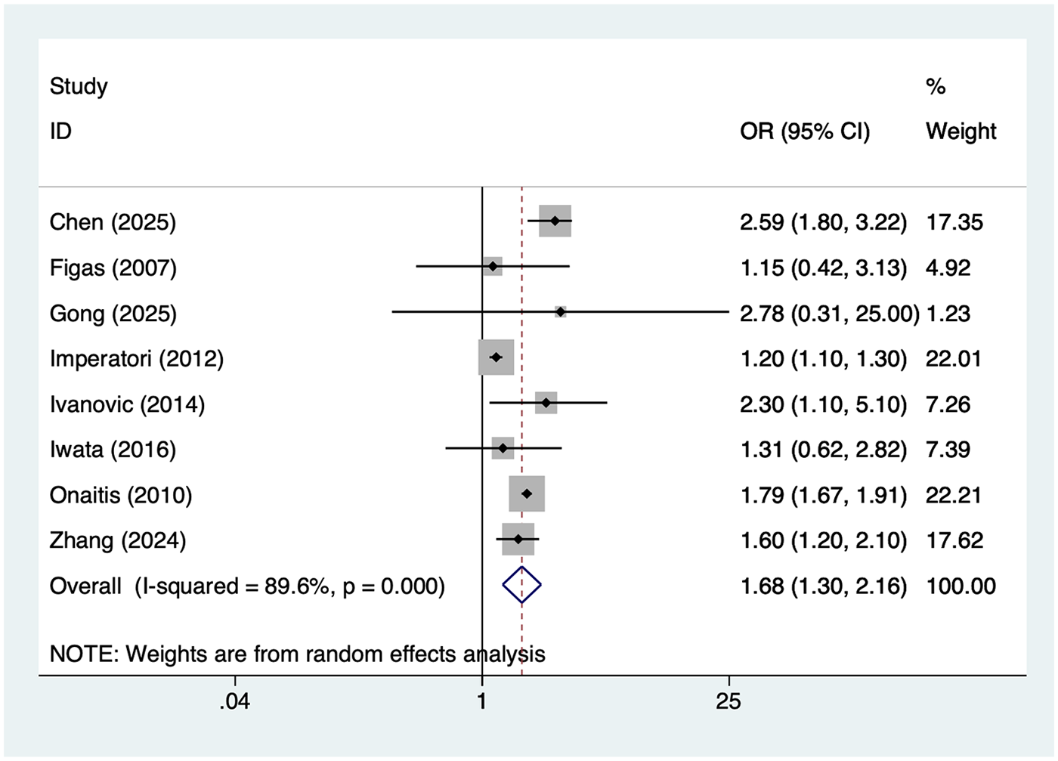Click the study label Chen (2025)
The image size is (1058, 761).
click(x=113, y=222)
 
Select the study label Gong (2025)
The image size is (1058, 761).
click(x=113, y=314)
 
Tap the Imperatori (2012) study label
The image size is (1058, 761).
click(x=137, y=359)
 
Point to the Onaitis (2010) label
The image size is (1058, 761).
click(x=121, y=495)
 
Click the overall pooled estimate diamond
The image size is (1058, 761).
click(x=521, y=585)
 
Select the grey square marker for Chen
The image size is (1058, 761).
click(x=555, y=221)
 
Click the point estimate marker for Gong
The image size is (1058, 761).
click(x=560, y=311)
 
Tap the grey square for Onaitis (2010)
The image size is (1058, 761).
click(x=527, y=493)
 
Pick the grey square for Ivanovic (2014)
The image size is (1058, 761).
click(x=546, y=403)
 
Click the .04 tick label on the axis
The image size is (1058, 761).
click(x=234, y=701)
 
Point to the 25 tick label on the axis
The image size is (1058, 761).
click(x=728, y=701)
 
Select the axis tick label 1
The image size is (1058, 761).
click(x=481, y=701)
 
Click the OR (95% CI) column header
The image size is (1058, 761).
click(x=805, y=131)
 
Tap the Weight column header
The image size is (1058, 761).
click(x=961, y=131)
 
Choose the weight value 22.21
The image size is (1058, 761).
click(x=954, y=495)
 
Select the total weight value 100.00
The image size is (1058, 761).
click(x=961, y=586)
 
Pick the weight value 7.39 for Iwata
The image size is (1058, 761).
click(x=948, y=450)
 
